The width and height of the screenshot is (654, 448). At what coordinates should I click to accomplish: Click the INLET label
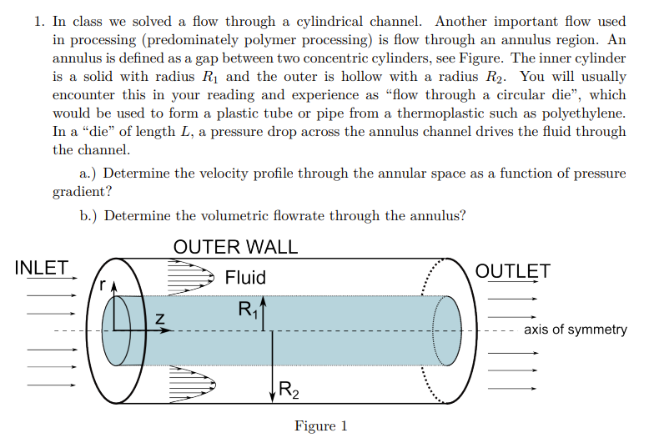tap(42, 268)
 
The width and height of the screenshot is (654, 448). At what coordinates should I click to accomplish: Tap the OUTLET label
tap(512, 271)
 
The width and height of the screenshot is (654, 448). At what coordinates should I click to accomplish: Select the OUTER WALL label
tap(235, 247)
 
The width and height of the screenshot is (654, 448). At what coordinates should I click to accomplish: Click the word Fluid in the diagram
tap(245, 277)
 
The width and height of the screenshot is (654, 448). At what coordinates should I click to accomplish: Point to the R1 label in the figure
tap(248, 310)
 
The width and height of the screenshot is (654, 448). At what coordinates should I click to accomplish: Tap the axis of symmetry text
tap(575, 330)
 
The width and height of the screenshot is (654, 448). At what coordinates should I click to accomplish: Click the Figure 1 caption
tap(320, 426)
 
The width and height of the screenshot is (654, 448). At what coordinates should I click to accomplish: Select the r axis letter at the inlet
tap(103, 284)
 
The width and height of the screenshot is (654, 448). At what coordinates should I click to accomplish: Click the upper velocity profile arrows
tap(190, 274)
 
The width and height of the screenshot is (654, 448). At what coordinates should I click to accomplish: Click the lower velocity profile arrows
tap(190, 385)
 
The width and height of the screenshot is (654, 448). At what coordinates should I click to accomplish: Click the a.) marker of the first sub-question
tap(89, 174)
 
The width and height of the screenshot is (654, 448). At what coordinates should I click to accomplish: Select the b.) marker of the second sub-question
tap(89, 215)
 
